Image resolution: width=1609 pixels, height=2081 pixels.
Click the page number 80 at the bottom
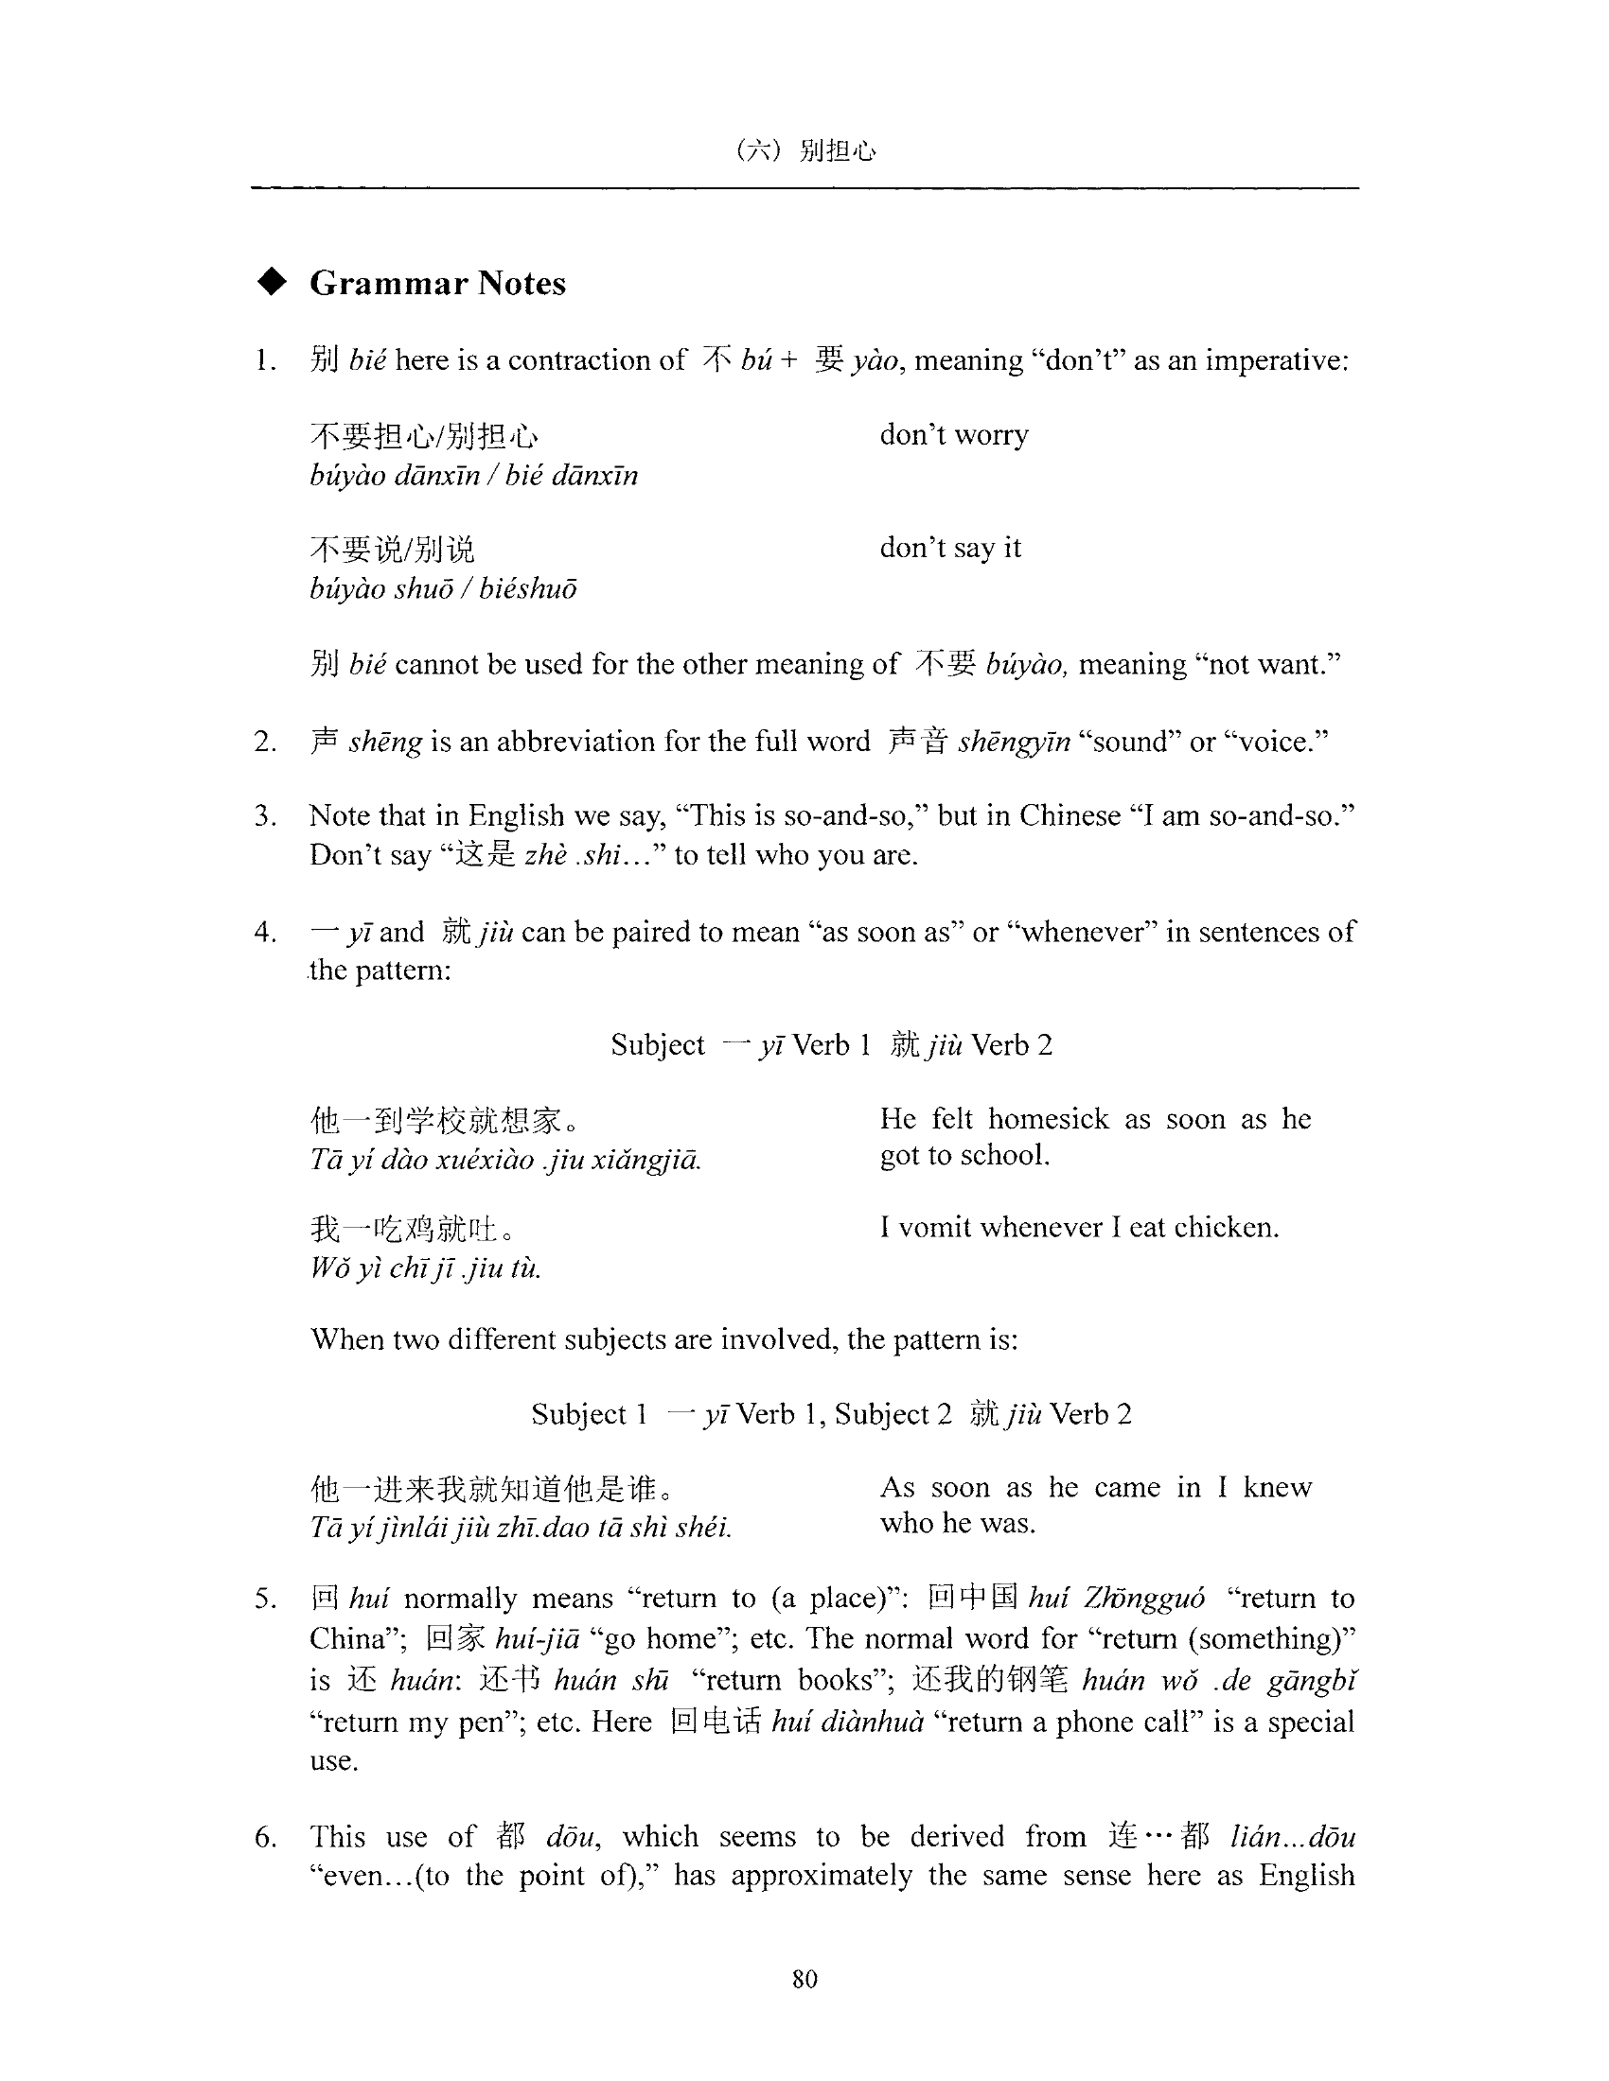pyautogui.click(x=804, y=1979)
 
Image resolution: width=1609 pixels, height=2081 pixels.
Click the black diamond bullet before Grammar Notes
pyautogui.click(x=273, y=282)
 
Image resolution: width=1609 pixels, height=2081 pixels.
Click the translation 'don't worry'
pyautogui.click(x=953, y=434)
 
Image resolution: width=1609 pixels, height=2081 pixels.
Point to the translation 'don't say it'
pyautogui.click(x=949, y=548)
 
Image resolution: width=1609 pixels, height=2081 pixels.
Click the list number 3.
pyautogui.click(x=265, y=816)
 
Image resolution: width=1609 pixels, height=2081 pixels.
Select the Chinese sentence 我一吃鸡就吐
pyautogui.click(x=412, y=1229)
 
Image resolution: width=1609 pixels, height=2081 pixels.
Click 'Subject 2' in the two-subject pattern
pyautogui.click(x=893, y=1414)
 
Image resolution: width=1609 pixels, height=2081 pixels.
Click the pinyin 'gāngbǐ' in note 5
pyautogui.click(x=1311, y=1680)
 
